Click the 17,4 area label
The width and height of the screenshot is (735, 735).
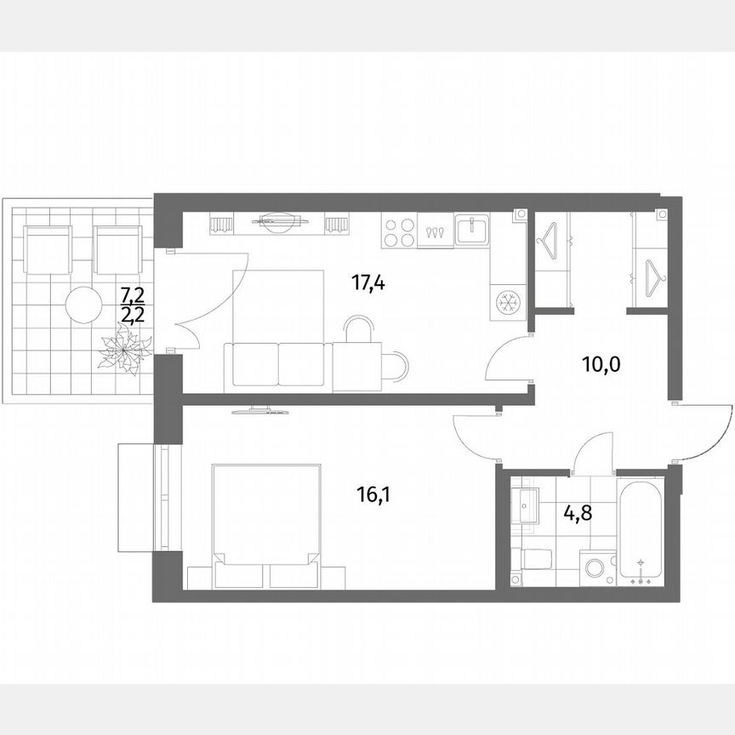click(x=369, y=282)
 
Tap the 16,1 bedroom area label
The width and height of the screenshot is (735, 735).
click(x=370, y=492)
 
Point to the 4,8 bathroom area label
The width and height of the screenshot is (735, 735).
click(x=578, y=514)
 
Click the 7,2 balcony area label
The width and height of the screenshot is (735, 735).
click(x=132, y=295)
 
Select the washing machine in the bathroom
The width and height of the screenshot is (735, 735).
click(x=598, y=567)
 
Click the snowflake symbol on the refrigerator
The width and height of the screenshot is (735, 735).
click(x=508, y=301)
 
